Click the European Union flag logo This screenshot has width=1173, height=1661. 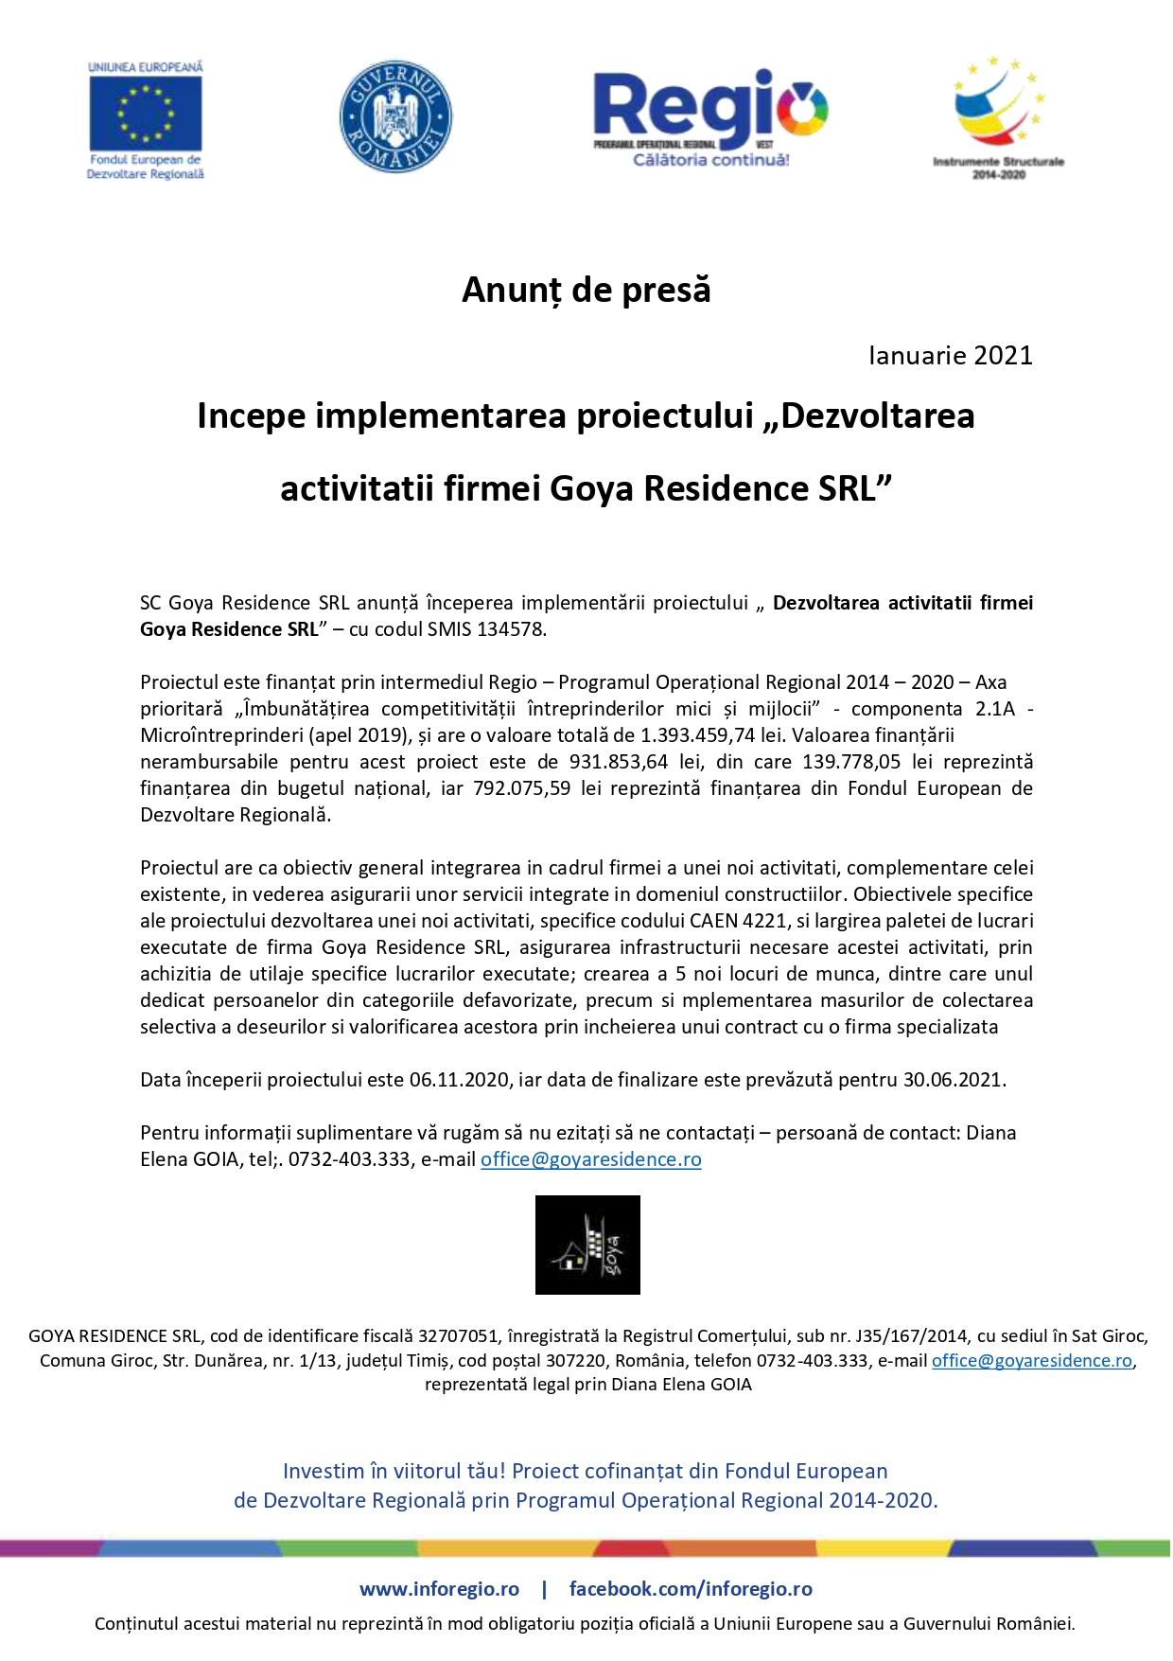click(x=145, y=114)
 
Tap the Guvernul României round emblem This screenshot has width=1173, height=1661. click(x=395, y=116)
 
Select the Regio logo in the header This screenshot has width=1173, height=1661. click(x=710, y=116)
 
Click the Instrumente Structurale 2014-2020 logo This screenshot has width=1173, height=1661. click(x=998, y=116)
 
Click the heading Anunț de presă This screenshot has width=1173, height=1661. click(x=586, y=290)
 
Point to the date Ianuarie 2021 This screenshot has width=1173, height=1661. click(x=950, y=356)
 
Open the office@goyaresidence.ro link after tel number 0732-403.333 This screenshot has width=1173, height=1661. click(x=591, y=1159)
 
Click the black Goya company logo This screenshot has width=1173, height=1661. click(x=587, y=1245)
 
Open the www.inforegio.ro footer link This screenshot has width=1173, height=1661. click(x=439, y=1589)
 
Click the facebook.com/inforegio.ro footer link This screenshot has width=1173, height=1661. click(x=691, y=1589)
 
